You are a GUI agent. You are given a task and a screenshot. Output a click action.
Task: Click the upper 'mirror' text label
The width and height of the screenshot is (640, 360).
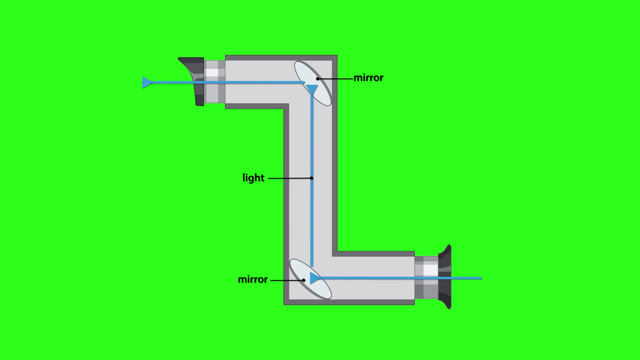coord(368,78)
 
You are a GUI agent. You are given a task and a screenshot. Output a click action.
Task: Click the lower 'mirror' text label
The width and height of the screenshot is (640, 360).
coord(253,279)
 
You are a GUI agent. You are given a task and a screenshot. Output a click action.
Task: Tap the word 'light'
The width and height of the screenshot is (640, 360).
coord(253,178)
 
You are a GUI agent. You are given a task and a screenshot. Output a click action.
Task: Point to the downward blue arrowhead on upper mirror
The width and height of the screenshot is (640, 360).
coord(312,89)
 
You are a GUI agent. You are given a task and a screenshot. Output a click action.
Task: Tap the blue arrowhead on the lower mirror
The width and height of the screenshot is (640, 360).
coord(314,278)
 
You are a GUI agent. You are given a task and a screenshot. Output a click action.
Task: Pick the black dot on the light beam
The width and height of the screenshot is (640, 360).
coord(311,178)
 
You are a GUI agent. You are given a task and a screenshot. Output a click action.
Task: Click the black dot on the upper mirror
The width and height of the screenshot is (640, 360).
coord(318,79)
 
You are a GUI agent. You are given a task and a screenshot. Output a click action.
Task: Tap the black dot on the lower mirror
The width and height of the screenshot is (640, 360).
coord(303,280)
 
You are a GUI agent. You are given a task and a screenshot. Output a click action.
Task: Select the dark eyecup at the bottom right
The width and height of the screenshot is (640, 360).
coord(445,277)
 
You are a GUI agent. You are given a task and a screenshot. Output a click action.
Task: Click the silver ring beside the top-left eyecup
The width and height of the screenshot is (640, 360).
coord(214,82)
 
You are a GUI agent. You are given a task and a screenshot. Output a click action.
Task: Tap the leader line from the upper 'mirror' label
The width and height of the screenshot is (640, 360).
coord(335,79)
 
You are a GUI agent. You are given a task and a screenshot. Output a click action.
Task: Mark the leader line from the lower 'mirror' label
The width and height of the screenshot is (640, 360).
coord(287,280)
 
